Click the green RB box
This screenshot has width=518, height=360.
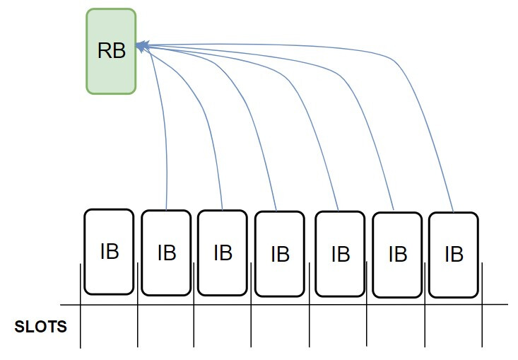click(x=111, y=51)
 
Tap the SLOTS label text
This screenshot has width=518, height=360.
click(x=41, y=327)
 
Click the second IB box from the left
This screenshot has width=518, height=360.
click(x=166, y=252)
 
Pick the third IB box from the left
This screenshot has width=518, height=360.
click(x=223, y=252)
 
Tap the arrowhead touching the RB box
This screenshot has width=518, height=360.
click(x=141, y=46)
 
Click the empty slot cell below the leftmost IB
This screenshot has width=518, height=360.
click(x=109, y=327)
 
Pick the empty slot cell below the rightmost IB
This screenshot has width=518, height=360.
click(x=454, y=327)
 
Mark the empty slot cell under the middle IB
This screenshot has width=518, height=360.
click(x=280, y=327)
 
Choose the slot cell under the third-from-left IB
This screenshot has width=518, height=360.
click(x=223, y=327)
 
